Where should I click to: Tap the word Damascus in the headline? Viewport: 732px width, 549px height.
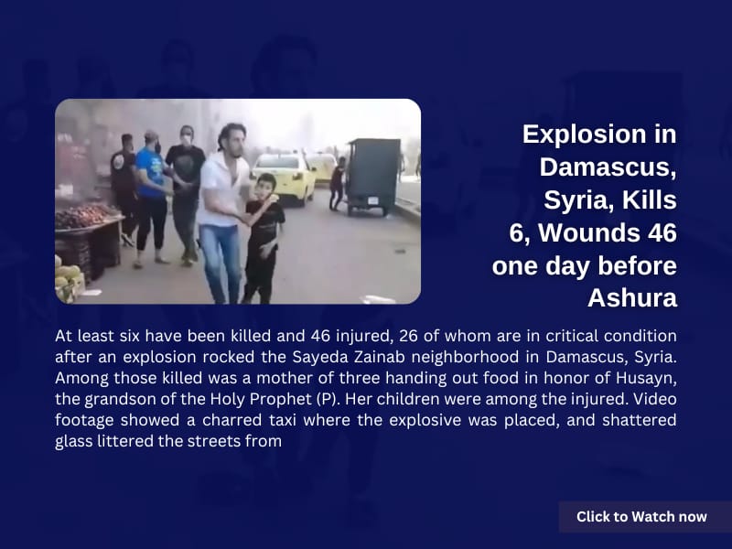(x=608, y=167)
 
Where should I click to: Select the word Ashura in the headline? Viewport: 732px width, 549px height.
(x=632, y=298)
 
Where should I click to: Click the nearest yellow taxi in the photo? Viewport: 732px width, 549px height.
(x=285, y=179)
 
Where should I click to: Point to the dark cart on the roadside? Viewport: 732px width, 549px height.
(x=373, y=177)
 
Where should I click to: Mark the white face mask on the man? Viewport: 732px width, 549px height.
(x=187, y=140)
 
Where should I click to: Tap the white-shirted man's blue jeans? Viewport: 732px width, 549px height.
(x=221, y=264)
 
